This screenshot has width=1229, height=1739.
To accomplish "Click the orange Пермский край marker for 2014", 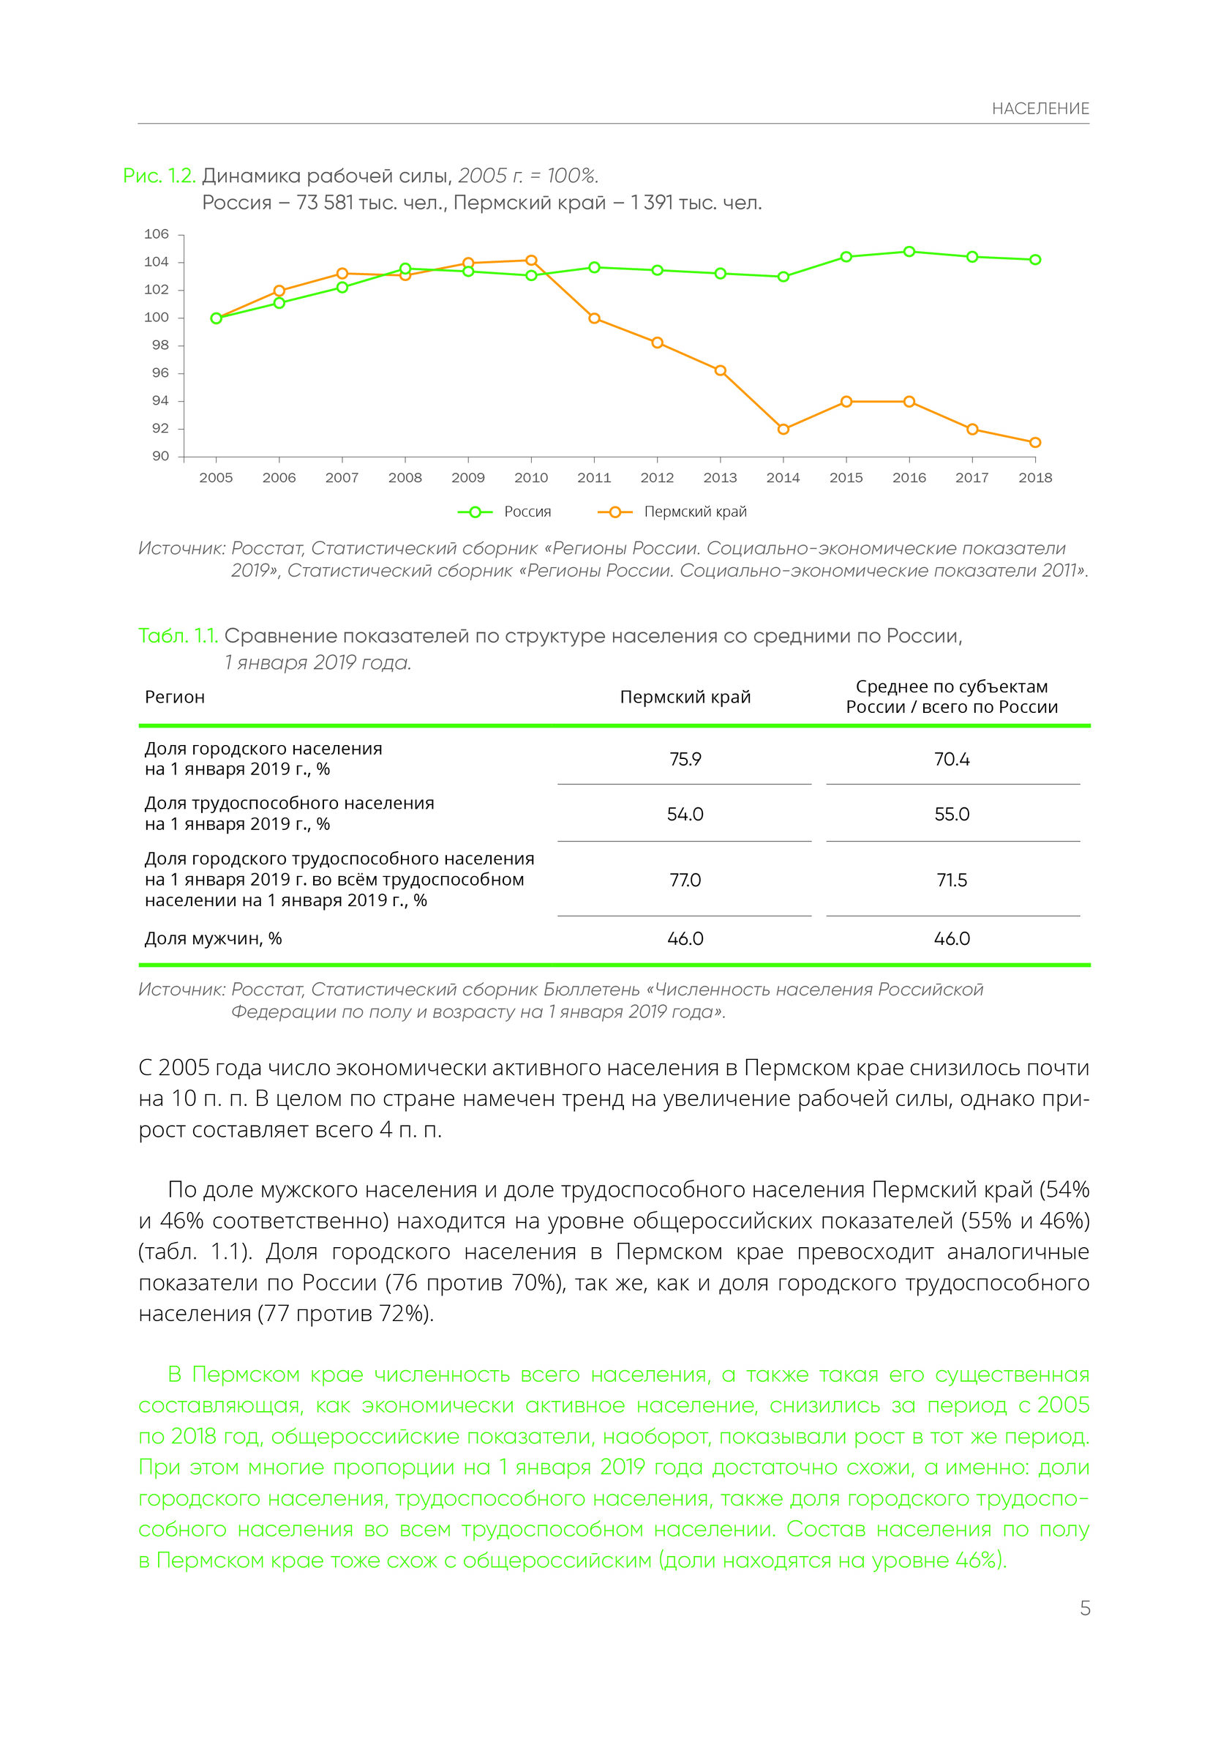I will click(x=783, y=430).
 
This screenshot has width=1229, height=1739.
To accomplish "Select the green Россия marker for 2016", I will click(x=909, y=252).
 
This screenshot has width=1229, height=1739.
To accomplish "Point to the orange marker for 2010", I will click(x=531, y=261).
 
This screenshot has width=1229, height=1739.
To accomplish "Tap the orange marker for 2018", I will click(x=1035, y=442).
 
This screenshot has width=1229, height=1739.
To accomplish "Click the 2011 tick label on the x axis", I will click(x=594, y=478).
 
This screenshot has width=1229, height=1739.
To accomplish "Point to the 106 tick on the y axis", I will click(x=157, y=234).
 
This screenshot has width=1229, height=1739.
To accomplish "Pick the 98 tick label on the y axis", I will click(x=160, y=345).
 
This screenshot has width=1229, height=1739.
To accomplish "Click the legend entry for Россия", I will click(x=505, y=512).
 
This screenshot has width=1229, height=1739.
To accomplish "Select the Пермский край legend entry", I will click(x=672, y=512).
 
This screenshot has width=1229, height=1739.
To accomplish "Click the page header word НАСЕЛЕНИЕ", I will click(x=1040, y=109).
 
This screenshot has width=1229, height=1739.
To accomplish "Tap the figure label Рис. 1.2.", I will click(x=159, y=176).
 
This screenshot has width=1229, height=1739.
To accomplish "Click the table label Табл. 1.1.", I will click(x=178, y=636).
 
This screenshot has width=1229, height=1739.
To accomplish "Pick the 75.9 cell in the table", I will click(x=685, y=759).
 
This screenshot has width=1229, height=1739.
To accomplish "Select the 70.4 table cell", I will click(x=951, y=759).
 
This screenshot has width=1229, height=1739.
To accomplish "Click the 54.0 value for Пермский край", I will click(x=685, y=814).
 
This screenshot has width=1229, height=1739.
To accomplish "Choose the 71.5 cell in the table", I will click(x=951, y=880).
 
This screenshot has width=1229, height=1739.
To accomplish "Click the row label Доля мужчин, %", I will click(x=213, y=938).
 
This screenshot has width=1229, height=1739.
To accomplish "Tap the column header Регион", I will click(x=174, y=697).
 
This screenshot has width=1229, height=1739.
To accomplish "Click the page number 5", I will click(x=1084, y=1608).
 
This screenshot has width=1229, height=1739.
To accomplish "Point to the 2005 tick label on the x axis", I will click(x=216, y=478).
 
